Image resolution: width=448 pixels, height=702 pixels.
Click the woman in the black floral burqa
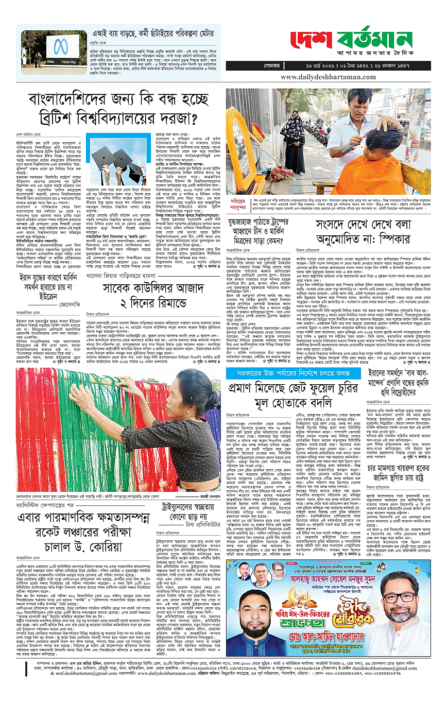coord(292,139)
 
